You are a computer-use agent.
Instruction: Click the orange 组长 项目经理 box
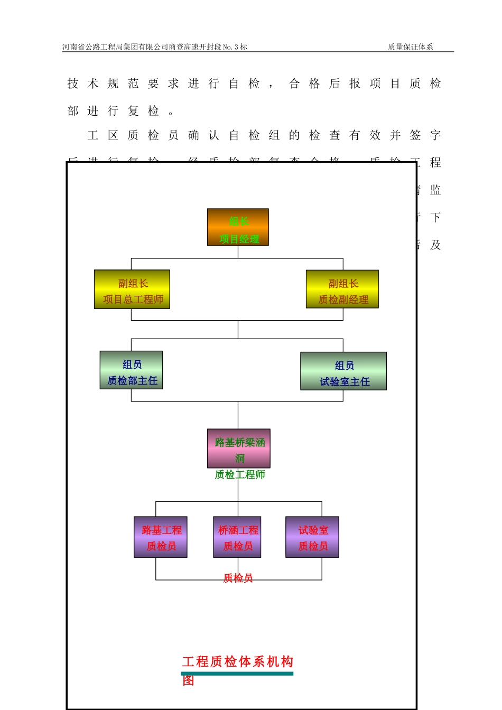click(238, 227)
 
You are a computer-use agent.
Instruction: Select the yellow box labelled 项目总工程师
click(132, 289)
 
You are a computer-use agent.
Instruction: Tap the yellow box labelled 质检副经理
click(342, 289)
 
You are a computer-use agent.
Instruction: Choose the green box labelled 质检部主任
click(131, 370)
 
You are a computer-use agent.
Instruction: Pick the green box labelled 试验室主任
click(343, 371)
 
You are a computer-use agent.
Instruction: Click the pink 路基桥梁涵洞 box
click(239, 449)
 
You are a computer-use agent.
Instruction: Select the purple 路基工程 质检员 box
click(161, 537)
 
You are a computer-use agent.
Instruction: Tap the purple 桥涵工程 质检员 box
click(237, 537)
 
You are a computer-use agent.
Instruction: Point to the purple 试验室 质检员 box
click(312, 537)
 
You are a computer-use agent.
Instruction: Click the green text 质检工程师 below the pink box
click(240, 475)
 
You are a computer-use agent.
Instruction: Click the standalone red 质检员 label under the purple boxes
click(238, 578)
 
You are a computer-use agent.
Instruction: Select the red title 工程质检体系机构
click(238, 661)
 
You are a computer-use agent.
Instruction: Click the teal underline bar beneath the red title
click(237, 674)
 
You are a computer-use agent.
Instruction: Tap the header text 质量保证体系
click(411, 47)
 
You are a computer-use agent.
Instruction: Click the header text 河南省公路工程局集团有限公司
click(115, 47)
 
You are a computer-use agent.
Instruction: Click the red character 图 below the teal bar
click(189, 680)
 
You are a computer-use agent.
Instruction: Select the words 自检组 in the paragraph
click(254, 135)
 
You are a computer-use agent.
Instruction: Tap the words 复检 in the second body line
click(143, 111)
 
